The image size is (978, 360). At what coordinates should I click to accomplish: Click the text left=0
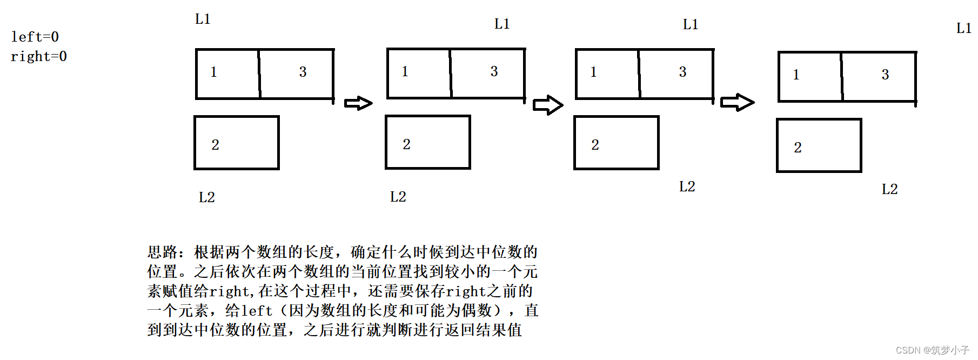pyautogui.click(x=35, y=37)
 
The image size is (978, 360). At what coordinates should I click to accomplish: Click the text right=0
pyautogui.click(x=38, y=56)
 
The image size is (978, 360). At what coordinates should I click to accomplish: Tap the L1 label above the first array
pyautogui.click(x=203, y=19)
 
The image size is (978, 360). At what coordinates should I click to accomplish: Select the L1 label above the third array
pyautogui.click(x=690, y=24)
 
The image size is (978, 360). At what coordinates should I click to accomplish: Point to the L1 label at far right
pyautogui.click(x=963, y=28)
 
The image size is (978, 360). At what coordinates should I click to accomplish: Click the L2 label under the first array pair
pyautogui.click(x=206, y=197)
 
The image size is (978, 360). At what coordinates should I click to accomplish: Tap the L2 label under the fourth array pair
pyautogui.click(x=889, y=189)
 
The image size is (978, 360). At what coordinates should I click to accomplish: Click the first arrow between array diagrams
pyautogui.click(x=358, y=103)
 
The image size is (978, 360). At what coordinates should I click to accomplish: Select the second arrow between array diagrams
pyautogui.click(x=547, y=105)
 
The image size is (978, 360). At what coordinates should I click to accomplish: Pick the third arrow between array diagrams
pyautogui.click(x=737, y=102)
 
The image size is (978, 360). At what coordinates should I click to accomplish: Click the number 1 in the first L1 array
pyautogui.click(x=213, y=72)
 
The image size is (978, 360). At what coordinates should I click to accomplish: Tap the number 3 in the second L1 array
pyautogui.click(x=494, y=71)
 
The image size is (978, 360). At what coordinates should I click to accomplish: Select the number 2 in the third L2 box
pyautogui.click(x=595, y=145)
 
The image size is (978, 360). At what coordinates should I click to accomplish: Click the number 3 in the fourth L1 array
pyautogui.click(x=885, y=75)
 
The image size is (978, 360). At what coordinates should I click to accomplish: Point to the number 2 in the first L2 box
pyautogui.click(x=215, y=145)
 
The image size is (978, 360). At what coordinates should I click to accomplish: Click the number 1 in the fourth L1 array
pyautogui.click(x=796, y=75)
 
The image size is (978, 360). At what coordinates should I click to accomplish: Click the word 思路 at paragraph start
pyautogui.click(x=162, y=252)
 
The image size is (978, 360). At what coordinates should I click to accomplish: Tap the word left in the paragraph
pyautogui.click(x=257, y=311)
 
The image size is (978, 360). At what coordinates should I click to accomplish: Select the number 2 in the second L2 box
pyautogui.click(x=406, y=144)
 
